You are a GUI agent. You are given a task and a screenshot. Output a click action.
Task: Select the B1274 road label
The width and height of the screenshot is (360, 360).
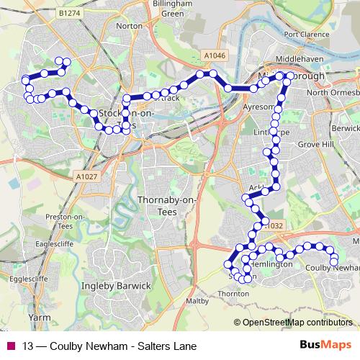pyautogui.click(x=71, y=13)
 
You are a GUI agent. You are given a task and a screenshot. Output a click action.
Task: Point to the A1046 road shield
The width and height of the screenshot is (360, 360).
pyautogui.click(x=214, y=55)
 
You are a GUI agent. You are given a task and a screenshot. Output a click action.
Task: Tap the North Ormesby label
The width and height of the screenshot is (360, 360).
pyautogui.click(x=332, y=92)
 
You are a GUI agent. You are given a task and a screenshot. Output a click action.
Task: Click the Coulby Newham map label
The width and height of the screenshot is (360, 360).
pyautogui.click(x=332, y=267)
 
